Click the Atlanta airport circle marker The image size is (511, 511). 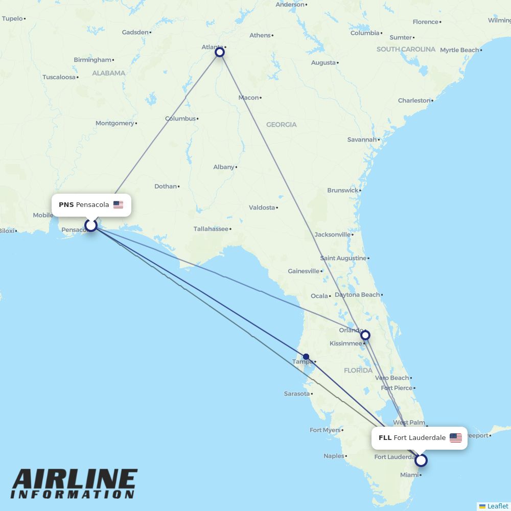[220, 52]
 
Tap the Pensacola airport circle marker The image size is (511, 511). [91, 225]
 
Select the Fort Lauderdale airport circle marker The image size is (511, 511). [421, 460]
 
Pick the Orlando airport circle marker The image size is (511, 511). [365, 335]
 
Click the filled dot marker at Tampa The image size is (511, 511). [306, 357]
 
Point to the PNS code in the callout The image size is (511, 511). [66, 205]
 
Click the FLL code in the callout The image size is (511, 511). [385, 438]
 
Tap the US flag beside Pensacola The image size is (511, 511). [118, 205]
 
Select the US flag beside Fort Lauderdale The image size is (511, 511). [455, 438]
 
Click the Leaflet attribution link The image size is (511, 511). [497, 506]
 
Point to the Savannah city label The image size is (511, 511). [362, 140]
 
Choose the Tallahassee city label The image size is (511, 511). [211, 229]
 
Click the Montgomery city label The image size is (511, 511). [114, 123]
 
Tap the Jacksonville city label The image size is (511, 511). [333, 235]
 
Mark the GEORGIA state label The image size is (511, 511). [281, 125]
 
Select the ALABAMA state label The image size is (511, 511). [108, 73]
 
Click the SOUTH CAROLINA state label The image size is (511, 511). [406, 50]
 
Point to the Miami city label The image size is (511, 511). [409, 475]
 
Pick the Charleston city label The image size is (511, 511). [414, 101]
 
